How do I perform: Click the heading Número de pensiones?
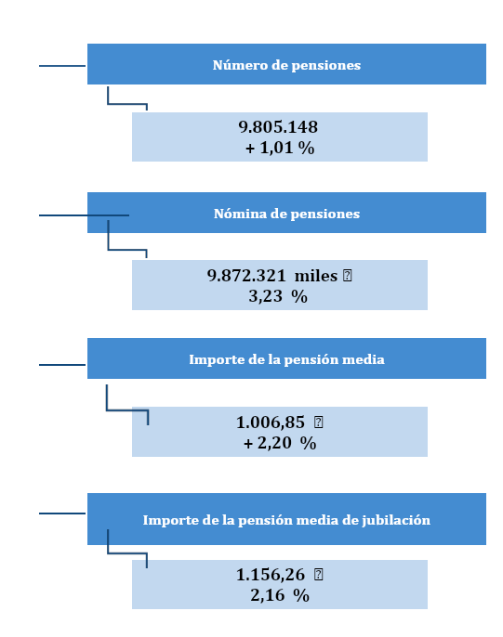(x=286, y=65)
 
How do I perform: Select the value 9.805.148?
(x=279, y=127)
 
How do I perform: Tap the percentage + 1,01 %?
(x=280, y=148)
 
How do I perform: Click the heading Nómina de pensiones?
(x=286, y=214)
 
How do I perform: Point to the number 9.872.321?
(x=246, y=276)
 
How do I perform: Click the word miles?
(x=316, y=276)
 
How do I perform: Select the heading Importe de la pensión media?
(x=286, y=359)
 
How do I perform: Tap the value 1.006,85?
(x=271, y=422)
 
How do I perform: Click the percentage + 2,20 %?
(x=280, y=443)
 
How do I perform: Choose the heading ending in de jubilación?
(x=286, y=520)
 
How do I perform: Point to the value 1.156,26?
(x=271, y=575)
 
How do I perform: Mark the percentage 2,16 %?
(x=279, y=595)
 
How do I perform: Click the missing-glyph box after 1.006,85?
(x=319, y=422)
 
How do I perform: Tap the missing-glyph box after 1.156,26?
(x=319, y=575)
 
